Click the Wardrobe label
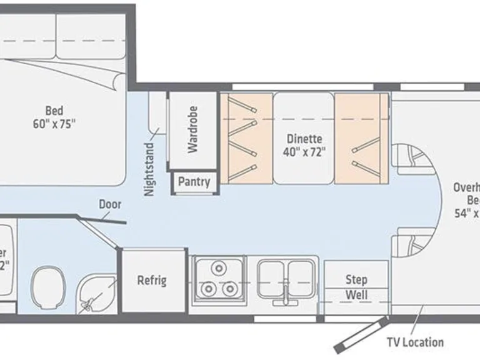click(192, 129)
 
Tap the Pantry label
click(194, 182)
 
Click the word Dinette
click(304, 139)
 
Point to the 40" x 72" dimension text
click(304, 152)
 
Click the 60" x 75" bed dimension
click(54, 124)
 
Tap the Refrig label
click(152, 279)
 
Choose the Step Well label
click(356, 287)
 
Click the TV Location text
click(414, 342)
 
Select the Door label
click(110, 204)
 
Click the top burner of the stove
click(218, 269)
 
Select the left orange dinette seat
click(246, 139)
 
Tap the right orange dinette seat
click(361, 139)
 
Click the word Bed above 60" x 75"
click(54, 111)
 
